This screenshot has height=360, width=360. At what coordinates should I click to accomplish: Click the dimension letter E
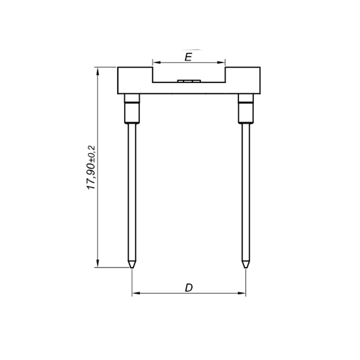click(x=188, y=57)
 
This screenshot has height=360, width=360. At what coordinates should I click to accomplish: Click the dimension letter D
click(x=189, y=288)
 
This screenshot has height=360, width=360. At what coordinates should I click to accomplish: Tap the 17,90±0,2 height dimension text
click(x=91, y=167)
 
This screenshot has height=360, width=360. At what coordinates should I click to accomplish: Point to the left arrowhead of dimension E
click(x=156, y=62)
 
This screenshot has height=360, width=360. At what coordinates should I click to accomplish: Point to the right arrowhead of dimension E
click(x=221, y=62)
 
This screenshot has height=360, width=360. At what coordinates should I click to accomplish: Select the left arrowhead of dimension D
click(x=136, y=293)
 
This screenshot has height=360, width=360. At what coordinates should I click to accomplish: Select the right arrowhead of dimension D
click(x=242, y=293)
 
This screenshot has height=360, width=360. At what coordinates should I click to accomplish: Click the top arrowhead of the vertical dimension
click(x=98, y=71)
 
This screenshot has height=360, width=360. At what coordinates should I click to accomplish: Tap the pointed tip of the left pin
click(x=132, y=268)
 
